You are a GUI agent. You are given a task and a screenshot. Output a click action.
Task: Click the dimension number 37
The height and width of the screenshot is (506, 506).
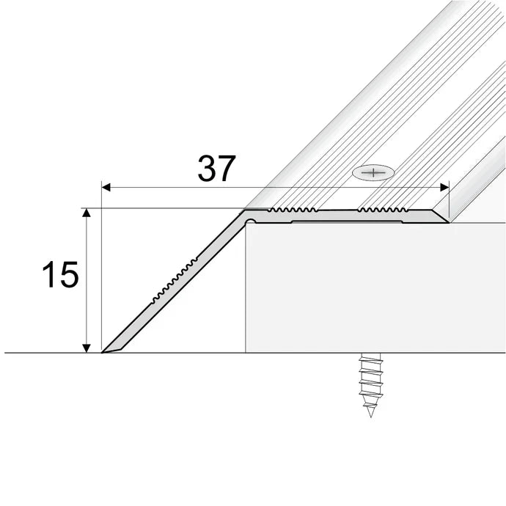click(x=216, y=169)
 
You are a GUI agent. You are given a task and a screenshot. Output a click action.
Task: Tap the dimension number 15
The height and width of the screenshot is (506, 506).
click(x=59, y=276)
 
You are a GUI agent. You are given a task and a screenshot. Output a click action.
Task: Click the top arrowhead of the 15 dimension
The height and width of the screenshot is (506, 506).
click(x=87, y=213)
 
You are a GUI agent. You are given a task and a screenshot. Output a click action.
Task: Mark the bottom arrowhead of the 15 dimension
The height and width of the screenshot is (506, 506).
click(x=87, y=348)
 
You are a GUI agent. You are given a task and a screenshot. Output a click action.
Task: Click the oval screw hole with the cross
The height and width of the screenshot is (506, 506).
click(x=373, y=173)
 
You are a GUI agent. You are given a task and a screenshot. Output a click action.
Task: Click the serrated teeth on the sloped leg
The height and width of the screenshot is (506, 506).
click(x=176, y=279)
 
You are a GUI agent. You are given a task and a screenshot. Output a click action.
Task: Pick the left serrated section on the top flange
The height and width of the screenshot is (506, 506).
click(x=292, y=210)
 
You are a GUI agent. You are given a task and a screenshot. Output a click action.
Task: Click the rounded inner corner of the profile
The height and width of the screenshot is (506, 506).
click(x=249, y=219)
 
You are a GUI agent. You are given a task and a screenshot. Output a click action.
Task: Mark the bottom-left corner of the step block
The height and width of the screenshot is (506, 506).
click(x=246, y=353)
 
